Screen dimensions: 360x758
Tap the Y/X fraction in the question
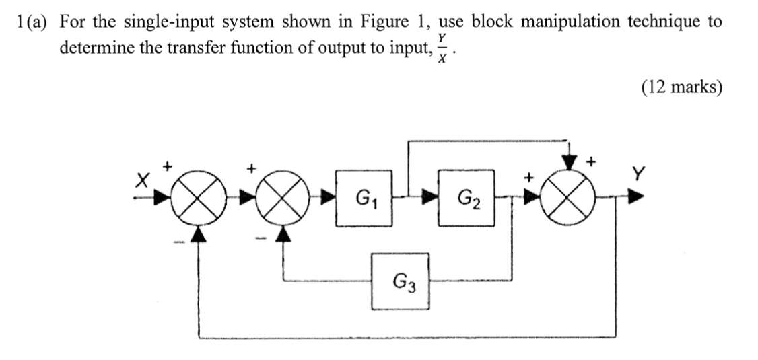pos(442,49)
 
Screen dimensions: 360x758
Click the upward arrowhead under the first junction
pos(198,232)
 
